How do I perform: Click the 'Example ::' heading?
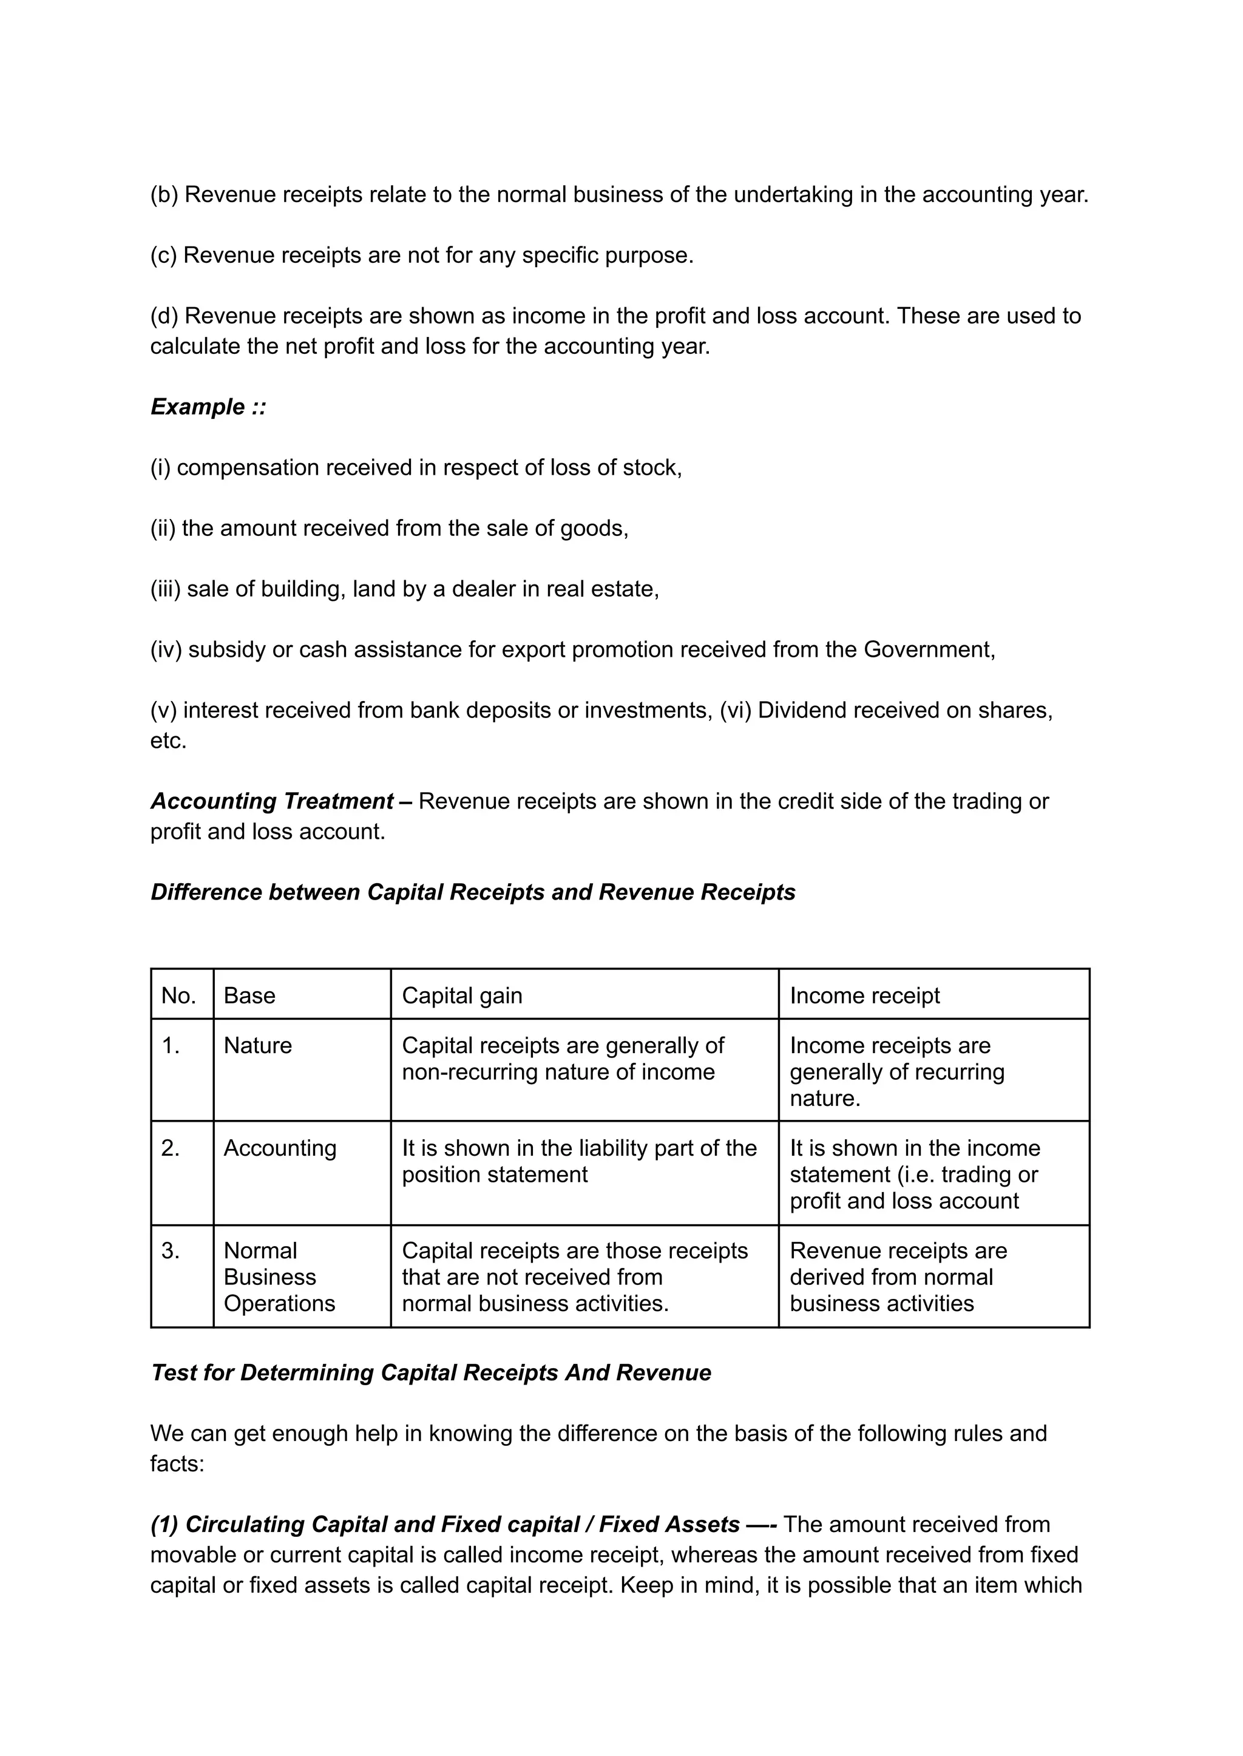point(208,407)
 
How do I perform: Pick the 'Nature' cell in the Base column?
point(258,1046)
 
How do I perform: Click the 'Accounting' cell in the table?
point(280,1148)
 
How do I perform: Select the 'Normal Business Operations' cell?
point(279,1277)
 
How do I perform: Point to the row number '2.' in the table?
point(171,1148)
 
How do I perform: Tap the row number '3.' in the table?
point(171,1251)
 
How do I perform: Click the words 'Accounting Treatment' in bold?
point(273,801)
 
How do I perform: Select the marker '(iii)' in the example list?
point(165,589)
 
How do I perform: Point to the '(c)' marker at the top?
point(164,255)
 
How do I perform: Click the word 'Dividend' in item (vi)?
point(801,710)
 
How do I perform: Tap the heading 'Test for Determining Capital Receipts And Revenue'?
point(431,1372)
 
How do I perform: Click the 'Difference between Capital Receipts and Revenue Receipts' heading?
point(473,892)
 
